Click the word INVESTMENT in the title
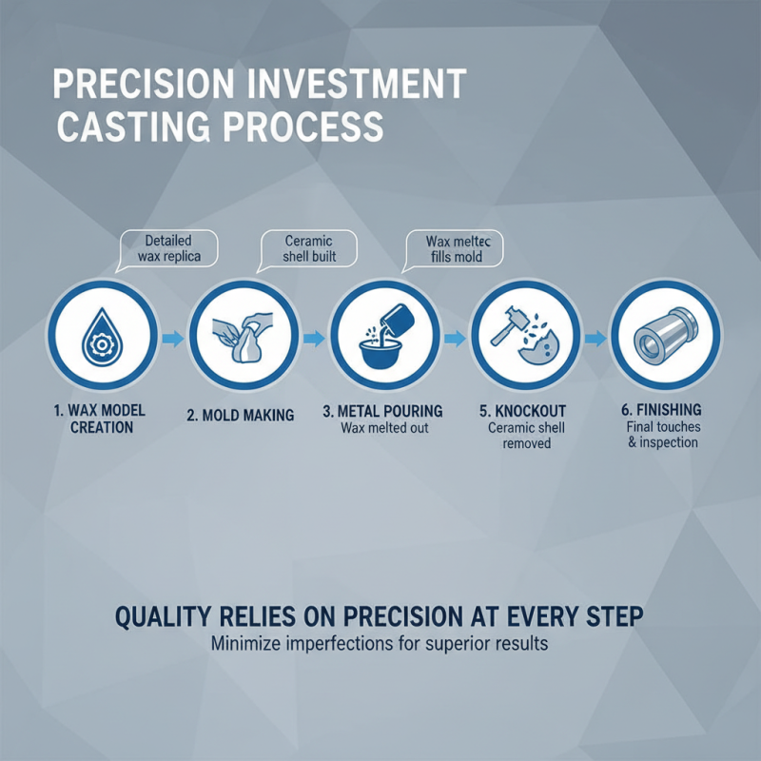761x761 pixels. (358, 85)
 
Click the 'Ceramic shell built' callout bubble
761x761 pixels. (310, 248)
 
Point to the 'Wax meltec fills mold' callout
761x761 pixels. (454, 248)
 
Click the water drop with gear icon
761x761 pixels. (104, 338)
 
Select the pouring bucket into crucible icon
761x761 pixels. (384, 336)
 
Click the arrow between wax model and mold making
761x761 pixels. (174, 338)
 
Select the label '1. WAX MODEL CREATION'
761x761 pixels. (102, 419)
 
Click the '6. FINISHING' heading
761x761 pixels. (662, 409)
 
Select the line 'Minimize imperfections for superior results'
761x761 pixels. (379, 644)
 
